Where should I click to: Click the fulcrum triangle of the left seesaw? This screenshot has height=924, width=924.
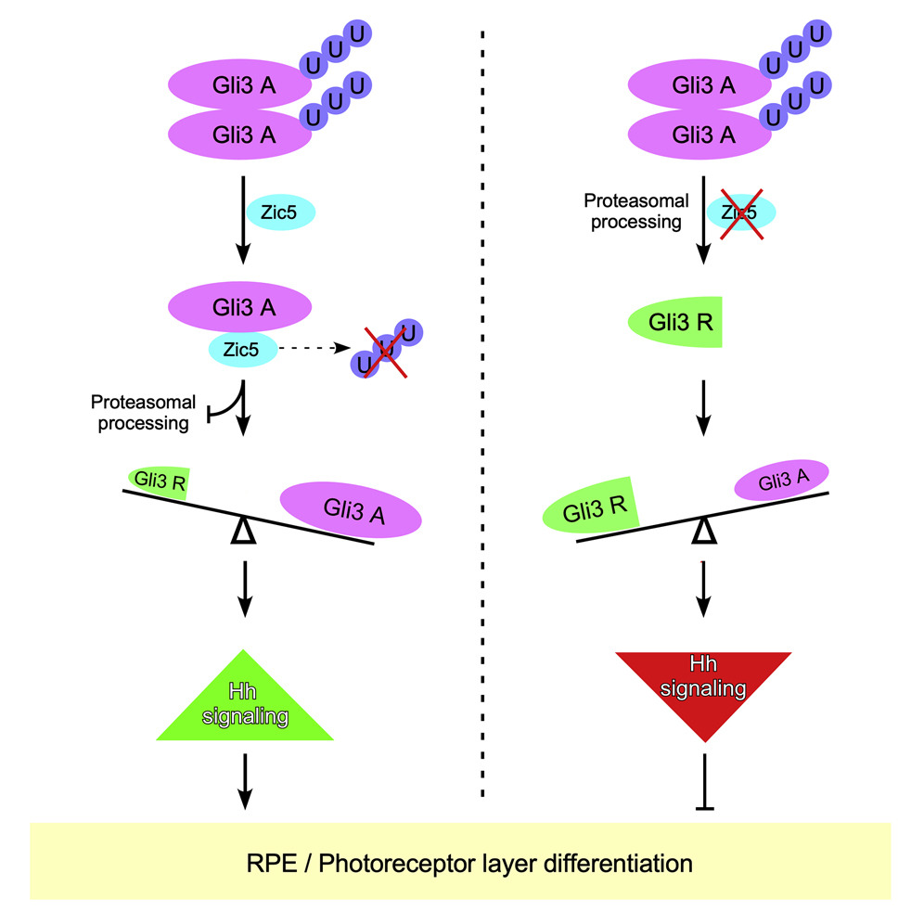pyautogui.click(x=242, y=532)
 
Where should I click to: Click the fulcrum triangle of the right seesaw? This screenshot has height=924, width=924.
pyautogui.click(x=705, y=532)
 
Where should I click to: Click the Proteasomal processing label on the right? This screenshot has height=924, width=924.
pyautogui.click(x=635, y=212)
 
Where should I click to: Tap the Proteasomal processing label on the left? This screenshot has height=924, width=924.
pyautogui.click(x=143, y=413)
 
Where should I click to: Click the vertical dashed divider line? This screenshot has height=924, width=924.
pyautogui.click(x=481, y=417)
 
